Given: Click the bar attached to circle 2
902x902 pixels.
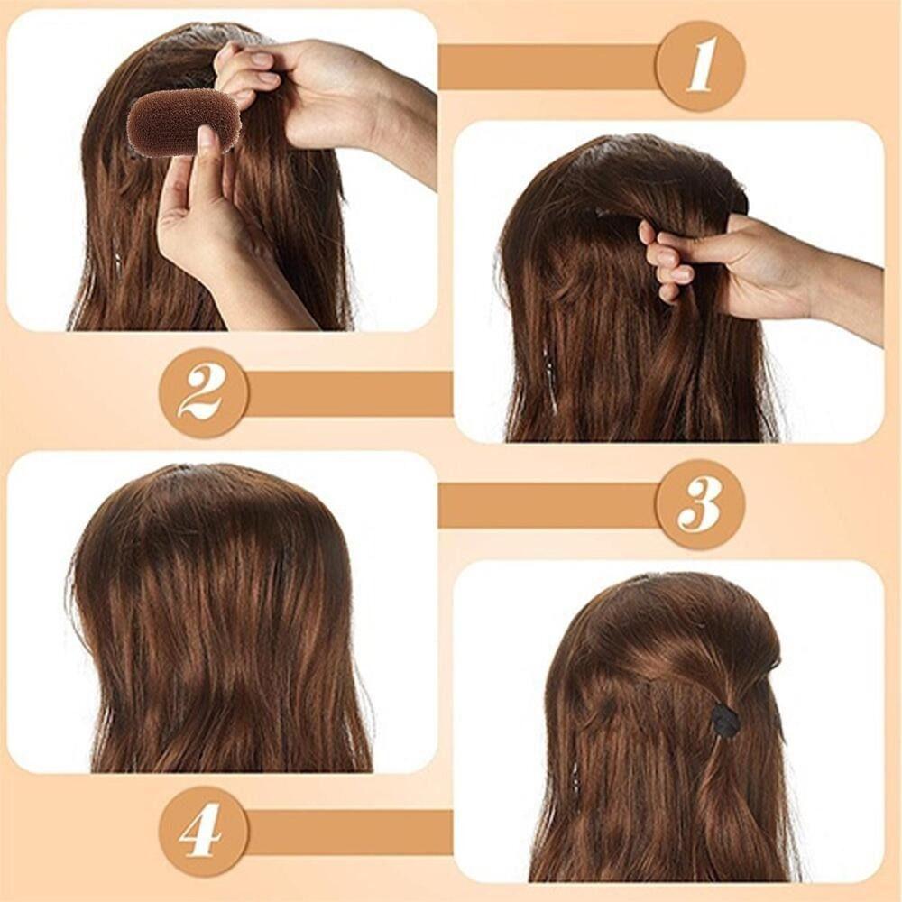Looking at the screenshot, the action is pyautogui.click(x=348, y=393).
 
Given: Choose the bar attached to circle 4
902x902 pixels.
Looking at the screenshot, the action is pyautogui.click(x=348, y=833).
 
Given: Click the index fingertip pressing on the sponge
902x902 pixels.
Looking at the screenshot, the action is pyautogui.click(x=204, y=138).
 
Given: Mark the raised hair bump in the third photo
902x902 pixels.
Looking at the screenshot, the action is pyautogui.click(x=213, y=518).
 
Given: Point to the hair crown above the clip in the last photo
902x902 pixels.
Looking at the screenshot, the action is pyautogui.click(x=679, y=621).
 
